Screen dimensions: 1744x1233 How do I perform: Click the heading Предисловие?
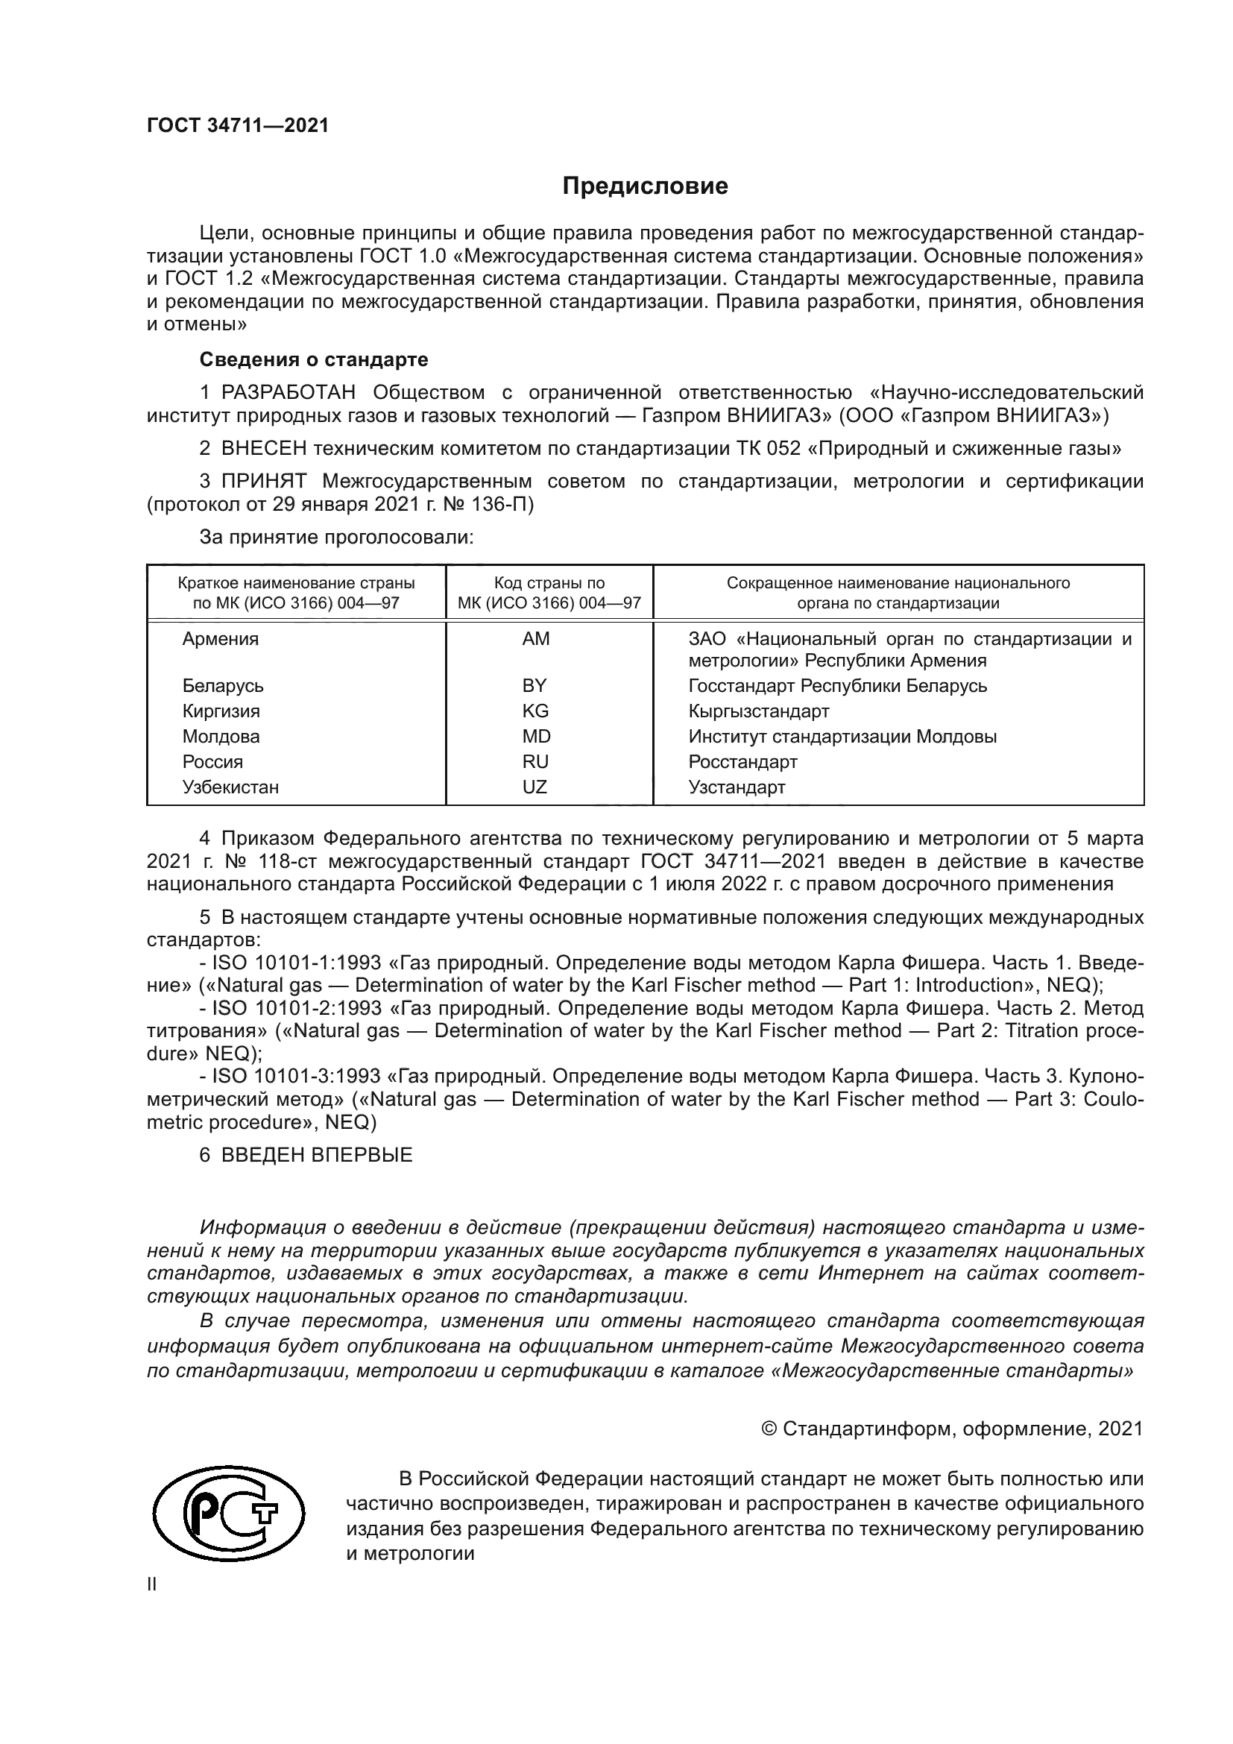click(x=645, y=186)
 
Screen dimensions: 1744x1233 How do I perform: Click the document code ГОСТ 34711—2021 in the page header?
click(x=238, y=126)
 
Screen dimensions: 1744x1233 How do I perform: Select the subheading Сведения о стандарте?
click(x=314, y=359)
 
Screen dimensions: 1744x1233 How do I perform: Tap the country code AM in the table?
click(x=535, y=639)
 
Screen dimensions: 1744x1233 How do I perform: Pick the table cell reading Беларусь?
click(x=222, y=686)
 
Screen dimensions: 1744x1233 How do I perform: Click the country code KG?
click(x=535, y=711)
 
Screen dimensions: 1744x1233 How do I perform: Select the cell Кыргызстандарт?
click(x=758, y=712)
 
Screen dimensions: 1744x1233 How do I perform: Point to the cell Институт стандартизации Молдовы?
click(x=842, y=737)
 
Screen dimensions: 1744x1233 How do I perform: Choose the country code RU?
click(x=535, y=762)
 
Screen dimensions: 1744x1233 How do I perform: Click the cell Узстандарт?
click(x=737, y=787)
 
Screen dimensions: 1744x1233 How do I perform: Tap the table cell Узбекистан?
click(x=230, y=787)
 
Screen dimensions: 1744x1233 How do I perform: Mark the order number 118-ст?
click(x=280, y=861)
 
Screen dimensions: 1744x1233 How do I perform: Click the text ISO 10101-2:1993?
click(x=296, y=1009)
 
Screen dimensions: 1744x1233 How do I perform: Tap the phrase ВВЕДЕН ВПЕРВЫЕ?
click(x=317, y=1155)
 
